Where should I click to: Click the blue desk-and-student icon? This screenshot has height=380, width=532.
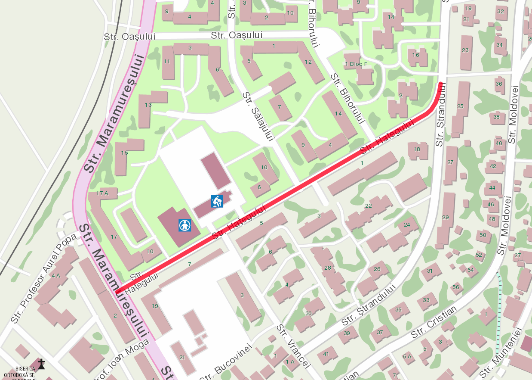tap(217, 201)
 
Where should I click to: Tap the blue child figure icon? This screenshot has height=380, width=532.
tap(185, 225)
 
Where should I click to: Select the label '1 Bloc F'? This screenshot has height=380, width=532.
tap(357, 64)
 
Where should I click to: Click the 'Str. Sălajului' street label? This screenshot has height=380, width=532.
tap(258, 116)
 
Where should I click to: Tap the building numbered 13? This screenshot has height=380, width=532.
tap(148, 105)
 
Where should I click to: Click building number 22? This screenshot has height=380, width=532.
tap(368, 206)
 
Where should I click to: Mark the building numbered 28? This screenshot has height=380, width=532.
tap(328, 268)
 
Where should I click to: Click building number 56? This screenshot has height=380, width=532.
tap(456, 287)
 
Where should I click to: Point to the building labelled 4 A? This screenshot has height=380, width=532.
tap(56, 275)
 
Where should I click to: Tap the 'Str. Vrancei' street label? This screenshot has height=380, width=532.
tap(293, 346)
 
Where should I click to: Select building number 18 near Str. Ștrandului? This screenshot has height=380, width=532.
tap(417, 150)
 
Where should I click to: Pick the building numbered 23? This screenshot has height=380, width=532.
tap(465, 50)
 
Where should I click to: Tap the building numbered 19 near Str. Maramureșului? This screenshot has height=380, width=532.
tap(155, 306)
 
